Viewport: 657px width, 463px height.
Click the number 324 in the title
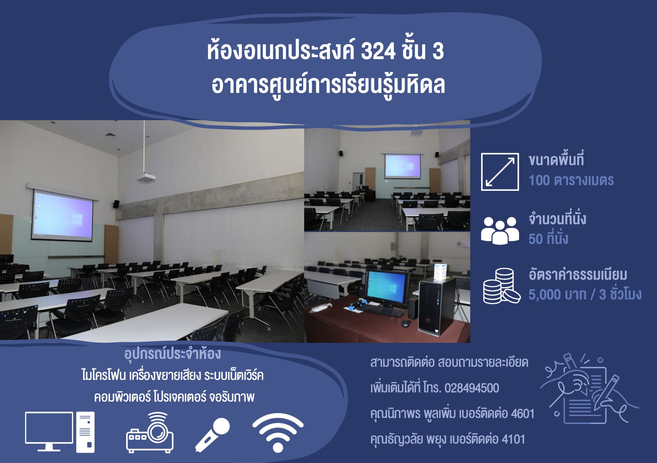coord(378,52)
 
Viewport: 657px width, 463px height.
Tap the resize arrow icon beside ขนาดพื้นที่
coord(500,172)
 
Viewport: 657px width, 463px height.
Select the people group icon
coord(500,230)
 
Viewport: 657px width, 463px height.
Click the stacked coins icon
coord(502,286)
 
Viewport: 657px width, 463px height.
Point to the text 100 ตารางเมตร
coord(571,180)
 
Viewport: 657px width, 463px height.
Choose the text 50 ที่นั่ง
coord(548,238)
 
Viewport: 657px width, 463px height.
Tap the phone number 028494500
coord(472,388)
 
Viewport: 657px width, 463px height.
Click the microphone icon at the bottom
coord(213,434)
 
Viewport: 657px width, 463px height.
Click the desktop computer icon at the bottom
coord(60,432)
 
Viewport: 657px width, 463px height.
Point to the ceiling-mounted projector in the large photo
coord(146,178)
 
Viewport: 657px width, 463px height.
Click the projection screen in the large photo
coord(62,215)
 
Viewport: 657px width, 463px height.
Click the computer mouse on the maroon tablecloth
coord(406,323)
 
